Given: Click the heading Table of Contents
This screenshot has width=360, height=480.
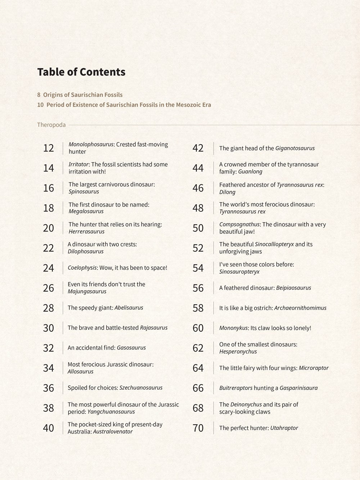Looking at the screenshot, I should point(81,72).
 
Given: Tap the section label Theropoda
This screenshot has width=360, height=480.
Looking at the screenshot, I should point(51,125).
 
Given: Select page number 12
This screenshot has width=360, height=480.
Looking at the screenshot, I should point(48,148).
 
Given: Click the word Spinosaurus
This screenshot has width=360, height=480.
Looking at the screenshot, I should point(84,192).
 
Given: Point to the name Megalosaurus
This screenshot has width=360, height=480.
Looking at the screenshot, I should point(86,211).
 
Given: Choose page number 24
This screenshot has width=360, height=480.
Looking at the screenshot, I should point(48,268).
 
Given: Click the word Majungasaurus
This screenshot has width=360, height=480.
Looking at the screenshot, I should point(87,291).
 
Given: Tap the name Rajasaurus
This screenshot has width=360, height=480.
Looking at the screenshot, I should point(154,328).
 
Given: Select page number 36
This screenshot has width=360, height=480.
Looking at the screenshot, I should point(48,388).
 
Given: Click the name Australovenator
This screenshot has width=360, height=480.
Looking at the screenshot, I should point(113,431).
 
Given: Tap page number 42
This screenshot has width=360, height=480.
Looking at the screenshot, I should point(198,148).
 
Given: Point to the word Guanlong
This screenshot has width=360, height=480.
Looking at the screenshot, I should point(250,172).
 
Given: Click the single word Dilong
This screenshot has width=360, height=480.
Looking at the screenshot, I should point(227,192).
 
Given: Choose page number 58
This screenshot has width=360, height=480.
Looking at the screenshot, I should point(198,308).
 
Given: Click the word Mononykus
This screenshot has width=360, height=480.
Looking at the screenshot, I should point(234,328).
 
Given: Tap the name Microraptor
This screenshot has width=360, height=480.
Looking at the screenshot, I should point(314,368).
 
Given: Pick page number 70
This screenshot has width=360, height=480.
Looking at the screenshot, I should point(198,428).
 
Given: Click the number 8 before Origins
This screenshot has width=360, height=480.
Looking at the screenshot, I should point(39,95).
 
